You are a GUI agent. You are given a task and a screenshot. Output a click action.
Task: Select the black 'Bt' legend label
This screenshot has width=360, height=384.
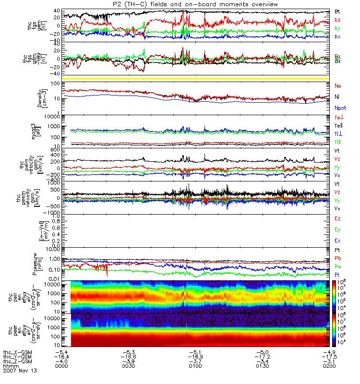pyautogui.click(x=337, y=12)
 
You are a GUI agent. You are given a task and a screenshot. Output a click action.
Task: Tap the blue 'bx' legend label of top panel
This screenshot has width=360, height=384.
pyautogui.click(x=337, y=37)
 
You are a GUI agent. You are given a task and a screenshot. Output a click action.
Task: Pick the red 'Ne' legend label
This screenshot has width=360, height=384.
pyautogui.click(x=337, y=85)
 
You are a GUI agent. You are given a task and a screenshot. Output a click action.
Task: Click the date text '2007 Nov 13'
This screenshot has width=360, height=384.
pyautogui.click(x=20, y=371)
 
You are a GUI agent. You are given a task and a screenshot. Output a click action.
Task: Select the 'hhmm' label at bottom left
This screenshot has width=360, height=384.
pyautogui.click(x=10, y=366)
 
